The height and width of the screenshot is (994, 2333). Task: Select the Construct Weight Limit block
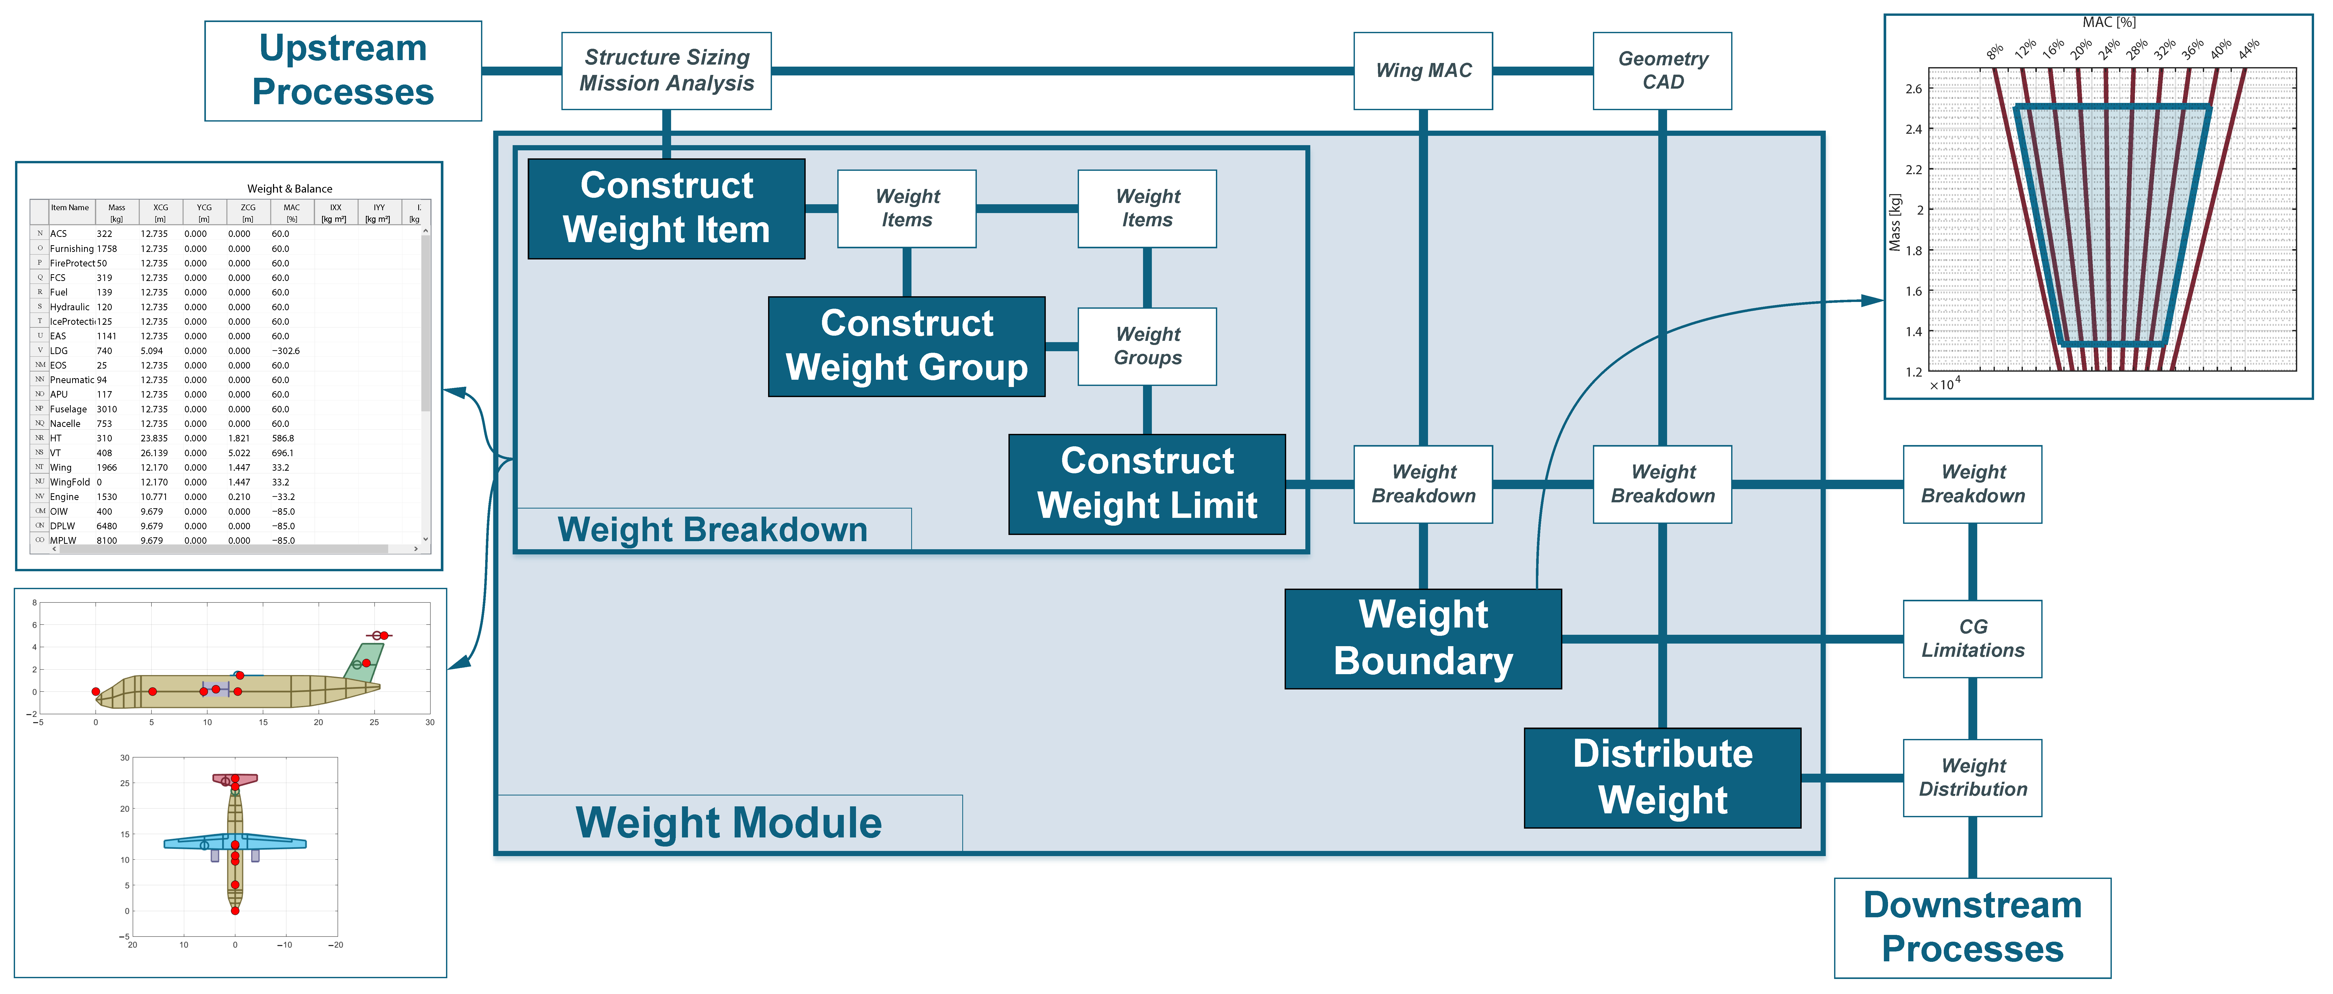[x=1147, y=483]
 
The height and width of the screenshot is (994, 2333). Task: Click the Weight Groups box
[x=1147, y=346]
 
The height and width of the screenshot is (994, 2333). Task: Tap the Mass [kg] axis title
[x=1895, y=222]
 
